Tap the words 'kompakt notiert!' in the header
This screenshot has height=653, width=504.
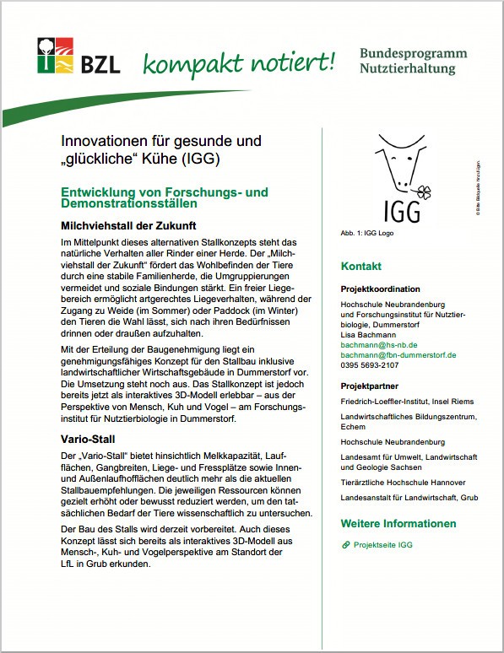239,62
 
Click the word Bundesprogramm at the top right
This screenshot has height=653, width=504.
413,52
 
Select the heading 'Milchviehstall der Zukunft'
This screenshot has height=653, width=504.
129,226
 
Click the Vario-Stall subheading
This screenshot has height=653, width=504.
95,440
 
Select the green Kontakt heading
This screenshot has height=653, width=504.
361,267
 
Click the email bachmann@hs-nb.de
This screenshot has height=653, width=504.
379,345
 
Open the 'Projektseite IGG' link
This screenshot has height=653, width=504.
383,545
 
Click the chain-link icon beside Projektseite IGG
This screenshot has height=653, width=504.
345,545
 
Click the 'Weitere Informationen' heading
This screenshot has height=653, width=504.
398,524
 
